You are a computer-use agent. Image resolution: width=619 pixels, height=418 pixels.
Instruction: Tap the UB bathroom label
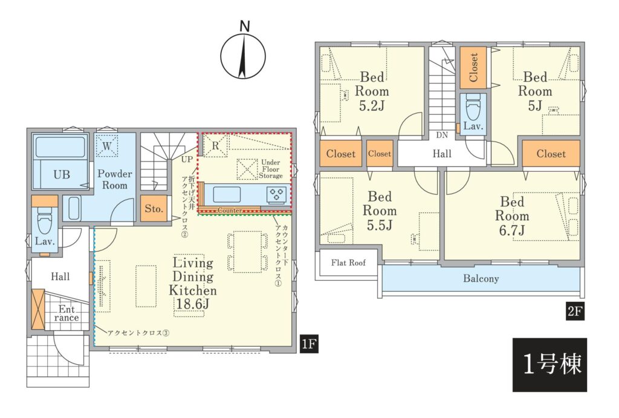point(62,174)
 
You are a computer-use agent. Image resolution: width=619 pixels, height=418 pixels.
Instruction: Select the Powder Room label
point(115,180)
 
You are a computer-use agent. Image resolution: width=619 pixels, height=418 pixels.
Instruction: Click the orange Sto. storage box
point(154,209)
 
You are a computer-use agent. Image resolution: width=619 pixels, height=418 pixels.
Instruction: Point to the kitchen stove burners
point(276,194)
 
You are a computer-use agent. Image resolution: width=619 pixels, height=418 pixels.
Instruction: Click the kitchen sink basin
point(227,194)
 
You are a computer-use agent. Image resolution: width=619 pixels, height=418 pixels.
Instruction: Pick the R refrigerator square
point(215,145)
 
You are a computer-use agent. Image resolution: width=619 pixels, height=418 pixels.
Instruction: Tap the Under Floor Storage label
point(271,169)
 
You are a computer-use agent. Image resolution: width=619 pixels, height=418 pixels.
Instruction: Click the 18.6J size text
point(193,304)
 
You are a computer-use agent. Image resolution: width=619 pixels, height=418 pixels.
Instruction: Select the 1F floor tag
point(309,344)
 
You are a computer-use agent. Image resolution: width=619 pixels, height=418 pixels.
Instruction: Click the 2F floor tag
point(575,312)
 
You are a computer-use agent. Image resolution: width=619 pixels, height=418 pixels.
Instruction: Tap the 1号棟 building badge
point(549,364)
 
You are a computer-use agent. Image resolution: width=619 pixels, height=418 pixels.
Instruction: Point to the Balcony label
point(481,278)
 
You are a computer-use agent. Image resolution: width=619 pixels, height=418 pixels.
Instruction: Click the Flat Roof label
point(348,263)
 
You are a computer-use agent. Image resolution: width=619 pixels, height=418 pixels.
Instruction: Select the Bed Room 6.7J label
point(512,216)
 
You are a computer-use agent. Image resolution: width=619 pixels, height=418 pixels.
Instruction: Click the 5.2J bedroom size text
point(372,106)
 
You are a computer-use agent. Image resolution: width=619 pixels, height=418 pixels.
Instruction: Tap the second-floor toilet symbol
point(473,106)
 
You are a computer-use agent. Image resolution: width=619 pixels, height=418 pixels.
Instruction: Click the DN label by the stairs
point(442,135)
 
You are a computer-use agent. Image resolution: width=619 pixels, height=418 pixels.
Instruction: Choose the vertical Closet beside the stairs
point(473,68)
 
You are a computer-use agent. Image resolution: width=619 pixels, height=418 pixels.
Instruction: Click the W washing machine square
point(107,146)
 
